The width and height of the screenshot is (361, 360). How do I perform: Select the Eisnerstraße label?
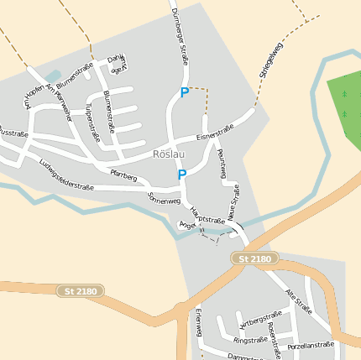click(x=215, y=133)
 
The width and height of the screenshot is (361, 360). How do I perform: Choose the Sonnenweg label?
click(x=164, y=199)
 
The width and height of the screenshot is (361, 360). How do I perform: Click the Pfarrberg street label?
click(x=123, y=175)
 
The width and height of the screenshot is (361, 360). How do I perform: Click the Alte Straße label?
click(x=299, y=300)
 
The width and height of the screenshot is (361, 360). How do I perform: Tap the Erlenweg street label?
click(x=199, y=322)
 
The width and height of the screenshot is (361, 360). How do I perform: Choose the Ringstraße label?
click(x=250, y=340)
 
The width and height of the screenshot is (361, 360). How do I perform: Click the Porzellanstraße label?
click(x=311, y=345)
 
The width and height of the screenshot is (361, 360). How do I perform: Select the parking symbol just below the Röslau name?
click(x=182, y=175)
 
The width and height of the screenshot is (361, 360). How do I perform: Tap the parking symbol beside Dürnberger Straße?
click(x=184, y=93)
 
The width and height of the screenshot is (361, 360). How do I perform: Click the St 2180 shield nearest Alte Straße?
click(x=254, y=259)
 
